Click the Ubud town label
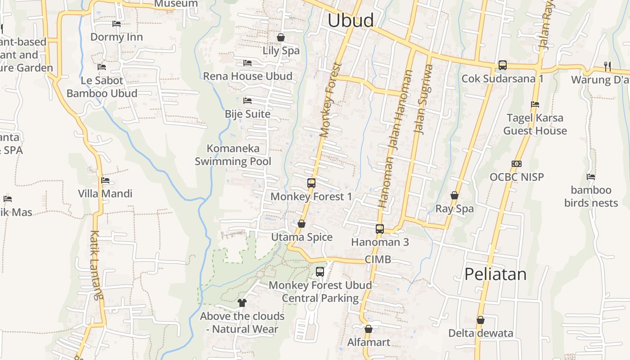coord(351,21)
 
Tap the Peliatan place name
coord(495,274)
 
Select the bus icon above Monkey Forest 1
coord(311,183)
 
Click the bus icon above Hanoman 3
coord(380,229)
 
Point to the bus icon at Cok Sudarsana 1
coord(503,65)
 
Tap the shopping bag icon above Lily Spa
coord(281,37)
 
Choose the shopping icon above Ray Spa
coord(454,195)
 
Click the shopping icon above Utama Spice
coord(301,224)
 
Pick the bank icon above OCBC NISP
coord(517,164)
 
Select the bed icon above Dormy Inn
coord(117,24)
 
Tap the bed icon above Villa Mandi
coord(105,180)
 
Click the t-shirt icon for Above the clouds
coord(242,302)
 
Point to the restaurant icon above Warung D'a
coord(607,67)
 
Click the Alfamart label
coord(369,342)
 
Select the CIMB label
coord(378,260)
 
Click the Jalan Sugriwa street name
coord(423,99)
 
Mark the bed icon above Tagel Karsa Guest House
coord(535,104)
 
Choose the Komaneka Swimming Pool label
coord(233,155)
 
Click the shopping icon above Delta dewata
coord(481,320)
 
